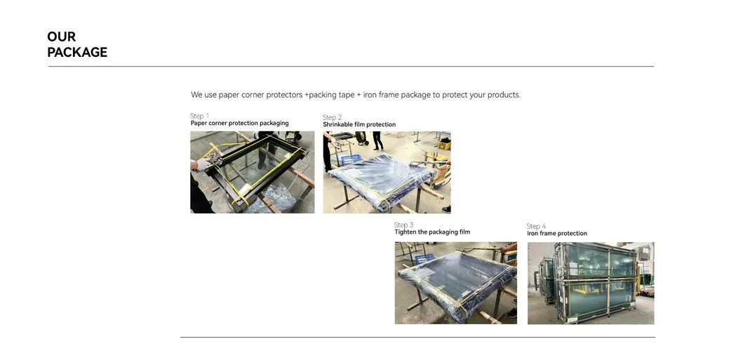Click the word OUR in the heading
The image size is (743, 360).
61,36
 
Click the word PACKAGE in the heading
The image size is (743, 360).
77,53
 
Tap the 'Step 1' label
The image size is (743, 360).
199,116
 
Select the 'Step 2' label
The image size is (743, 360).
332,117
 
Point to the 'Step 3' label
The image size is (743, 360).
403,225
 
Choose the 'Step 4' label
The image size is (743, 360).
536,226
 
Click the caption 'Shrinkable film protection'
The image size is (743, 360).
359,125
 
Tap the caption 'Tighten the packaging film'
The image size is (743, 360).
432,232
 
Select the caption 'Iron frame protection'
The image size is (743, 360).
557,234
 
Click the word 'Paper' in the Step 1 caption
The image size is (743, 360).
199,124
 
